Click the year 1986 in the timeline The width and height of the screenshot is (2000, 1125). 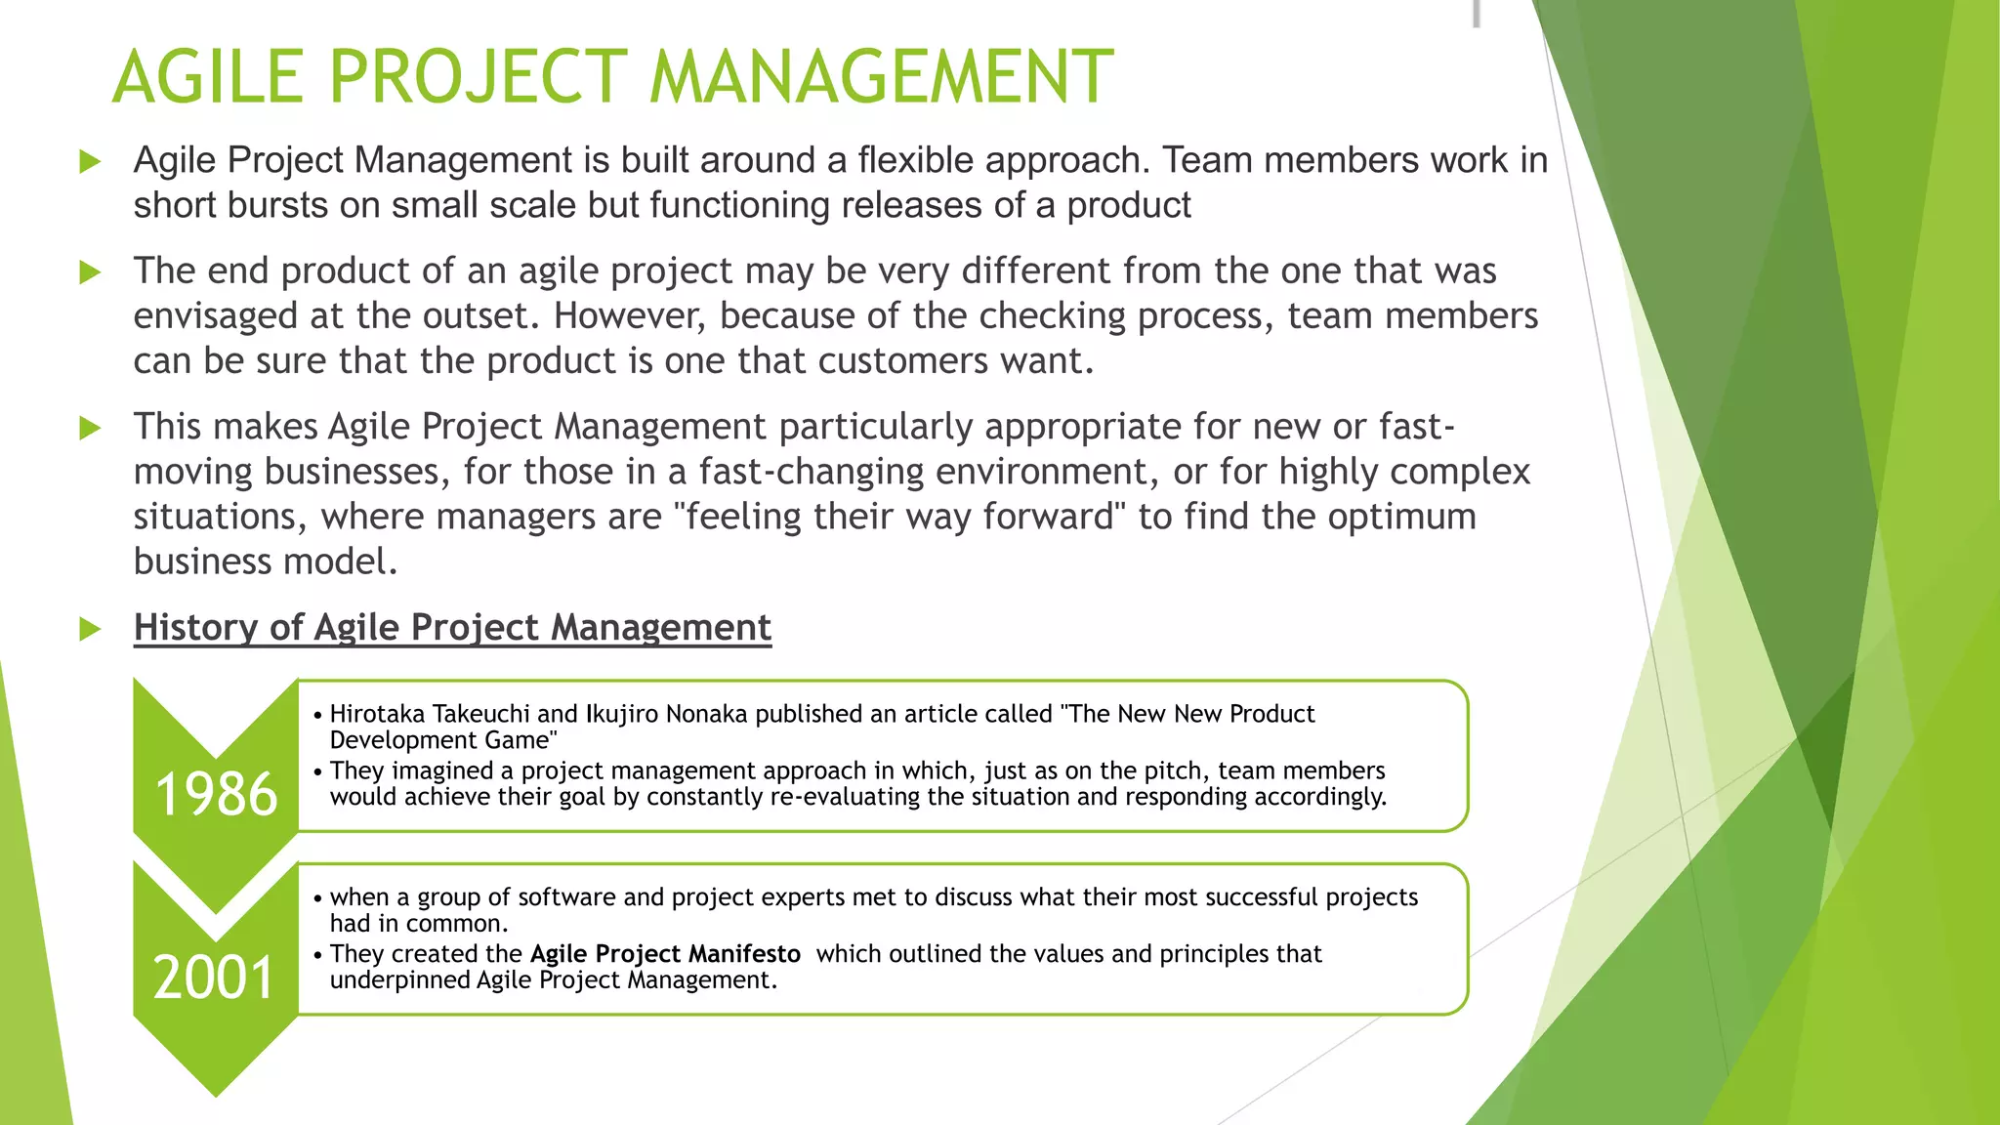pyautogui.click(x=216, y=793)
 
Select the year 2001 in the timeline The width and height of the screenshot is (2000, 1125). pyautogui.click(x=214, y=977)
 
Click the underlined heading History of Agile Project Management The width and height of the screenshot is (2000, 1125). pyautogui.click(x=452, y=627)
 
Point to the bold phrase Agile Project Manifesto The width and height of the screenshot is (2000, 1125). pyautogui.click(x=665, y=953)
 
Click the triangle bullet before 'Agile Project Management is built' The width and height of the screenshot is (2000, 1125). pyautogui.click(x=90, y=162)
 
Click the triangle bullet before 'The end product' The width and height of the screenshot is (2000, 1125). pyautogui.click(x=90, y=272)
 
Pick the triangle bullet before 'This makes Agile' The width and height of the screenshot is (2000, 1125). pyautogui.click(x=90, y=428)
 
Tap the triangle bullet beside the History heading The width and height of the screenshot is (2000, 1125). pyautogui.click(x=90, y=629)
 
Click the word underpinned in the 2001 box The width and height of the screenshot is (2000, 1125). pyautogui.click(x=399, y=979)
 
